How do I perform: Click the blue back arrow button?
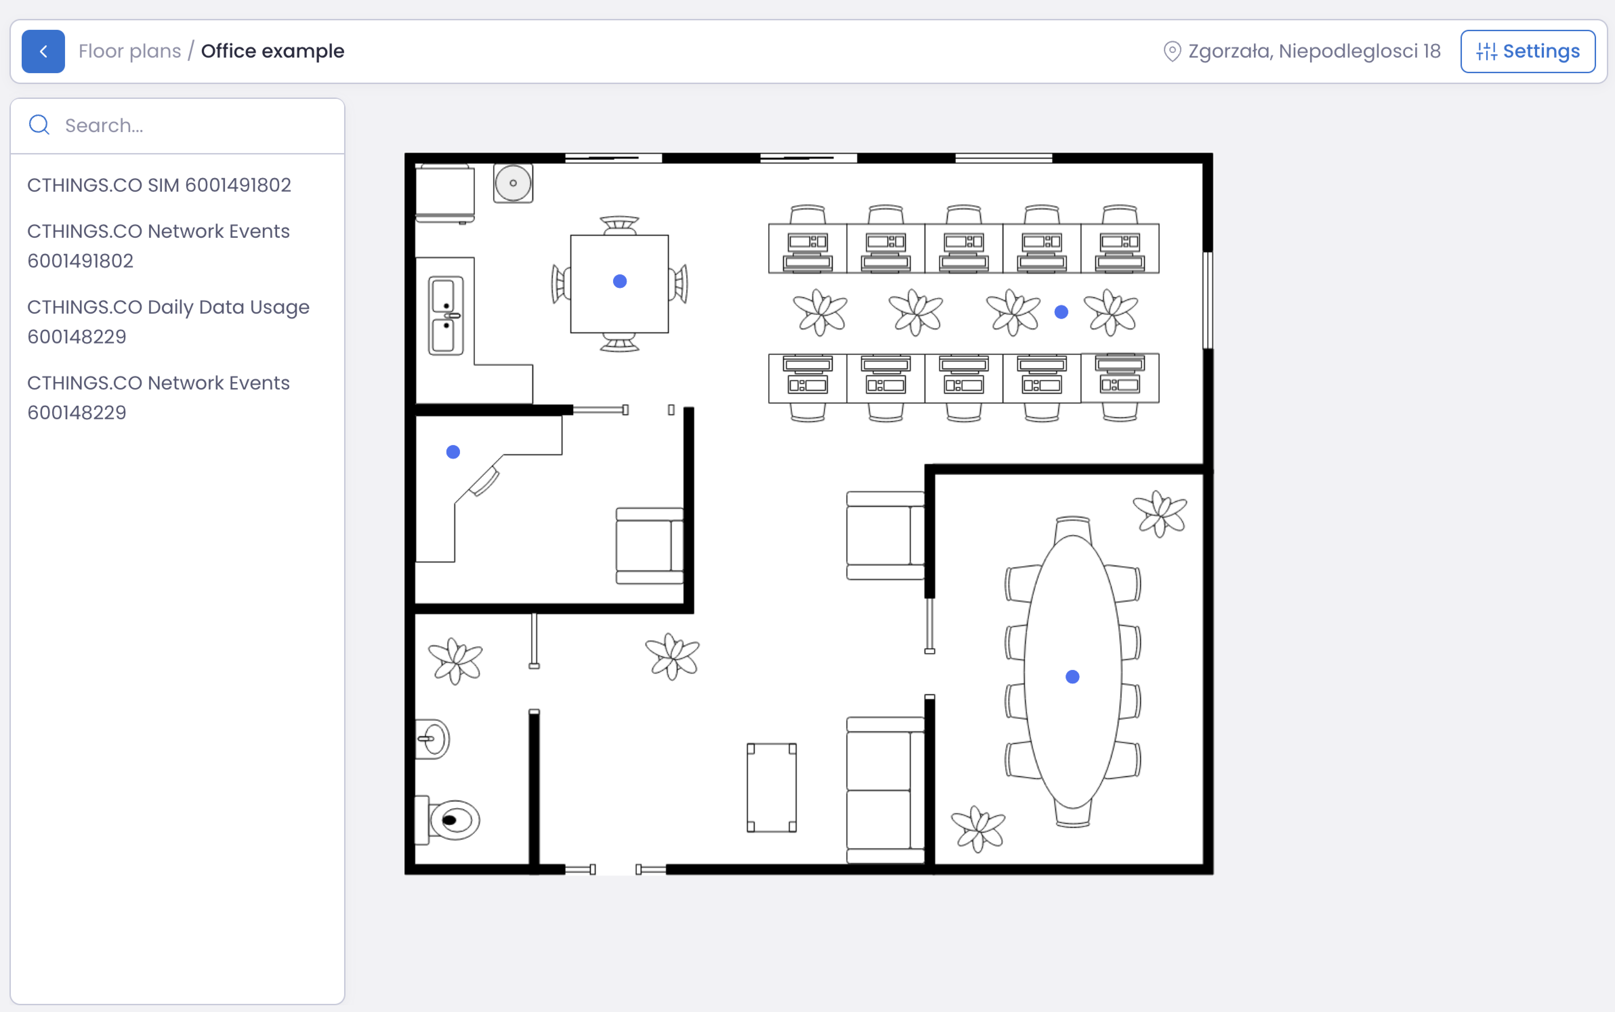(43, 51)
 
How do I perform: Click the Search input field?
(194, 126)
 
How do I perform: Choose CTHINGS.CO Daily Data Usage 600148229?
(168, 321)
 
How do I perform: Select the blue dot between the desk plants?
(1062, 312)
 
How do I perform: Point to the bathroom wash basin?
(433, 739)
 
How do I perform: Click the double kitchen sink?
(446, 315)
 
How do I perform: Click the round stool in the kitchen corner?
(513, 183)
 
